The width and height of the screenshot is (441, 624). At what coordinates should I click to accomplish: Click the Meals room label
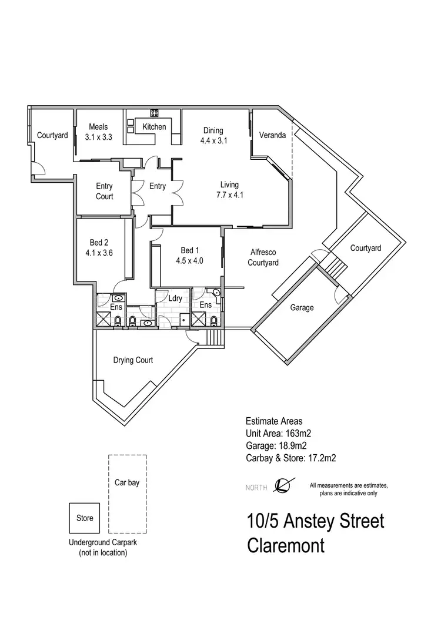tap(98, 127)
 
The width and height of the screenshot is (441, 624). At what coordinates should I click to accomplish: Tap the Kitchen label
tap(154, 127)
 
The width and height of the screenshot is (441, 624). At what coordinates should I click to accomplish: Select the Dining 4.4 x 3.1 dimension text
tap(213, 141)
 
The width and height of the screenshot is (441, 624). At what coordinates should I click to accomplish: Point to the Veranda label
tap(272, 136)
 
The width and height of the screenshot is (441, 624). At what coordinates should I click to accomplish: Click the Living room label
tap(230, 185)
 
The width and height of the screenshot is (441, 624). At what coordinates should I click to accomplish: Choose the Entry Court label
tap(105, 192)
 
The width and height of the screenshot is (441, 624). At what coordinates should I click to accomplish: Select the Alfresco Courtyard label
tap(263, 258)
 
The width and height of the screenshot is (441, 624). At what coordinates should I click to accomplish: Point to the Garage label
tap(302, 307)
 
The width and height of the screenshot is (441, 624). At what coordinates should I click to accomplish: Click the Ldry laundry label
tap(175, 298)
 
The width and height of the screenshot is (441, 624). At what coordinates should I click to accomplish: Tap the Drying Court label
tap(133, 360)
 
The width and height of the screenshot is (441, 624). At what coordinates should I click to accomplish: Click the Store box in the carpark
tap(85, 518)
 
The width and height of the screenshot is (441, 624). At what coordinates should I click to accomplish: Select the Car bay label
tap(127, 483)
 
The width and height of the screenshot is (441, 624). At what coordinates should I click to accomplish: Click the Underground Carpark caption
tap(103, 544)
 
